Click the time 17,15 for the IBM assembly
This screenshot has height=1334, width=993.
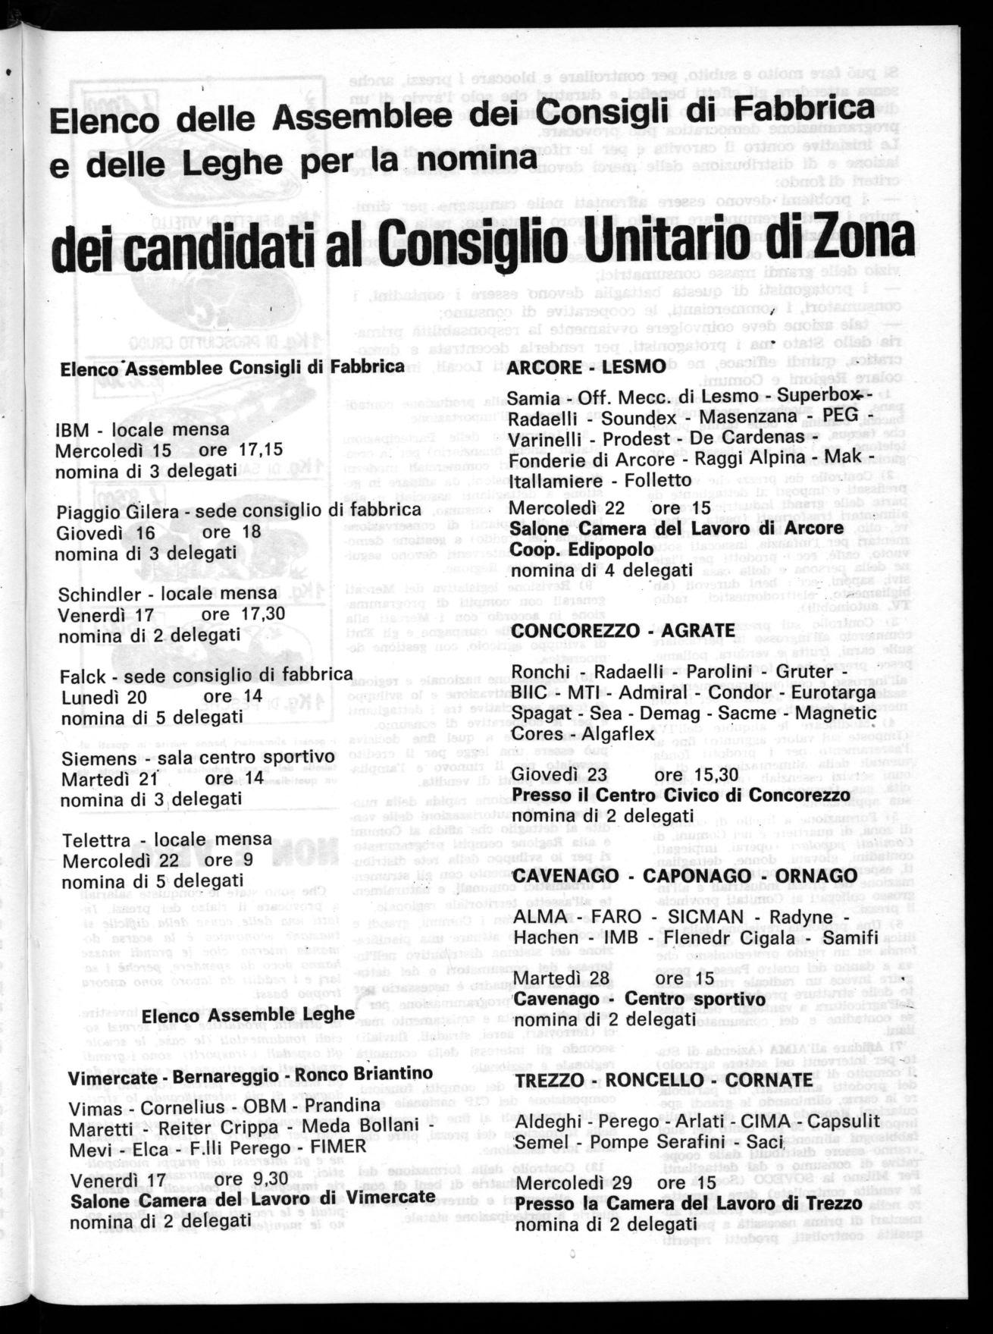[260, 450]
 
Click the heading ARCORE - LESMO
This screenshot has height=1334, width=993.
[585, 367]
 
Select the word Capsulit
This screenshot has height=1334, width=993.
[842, 1121]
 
